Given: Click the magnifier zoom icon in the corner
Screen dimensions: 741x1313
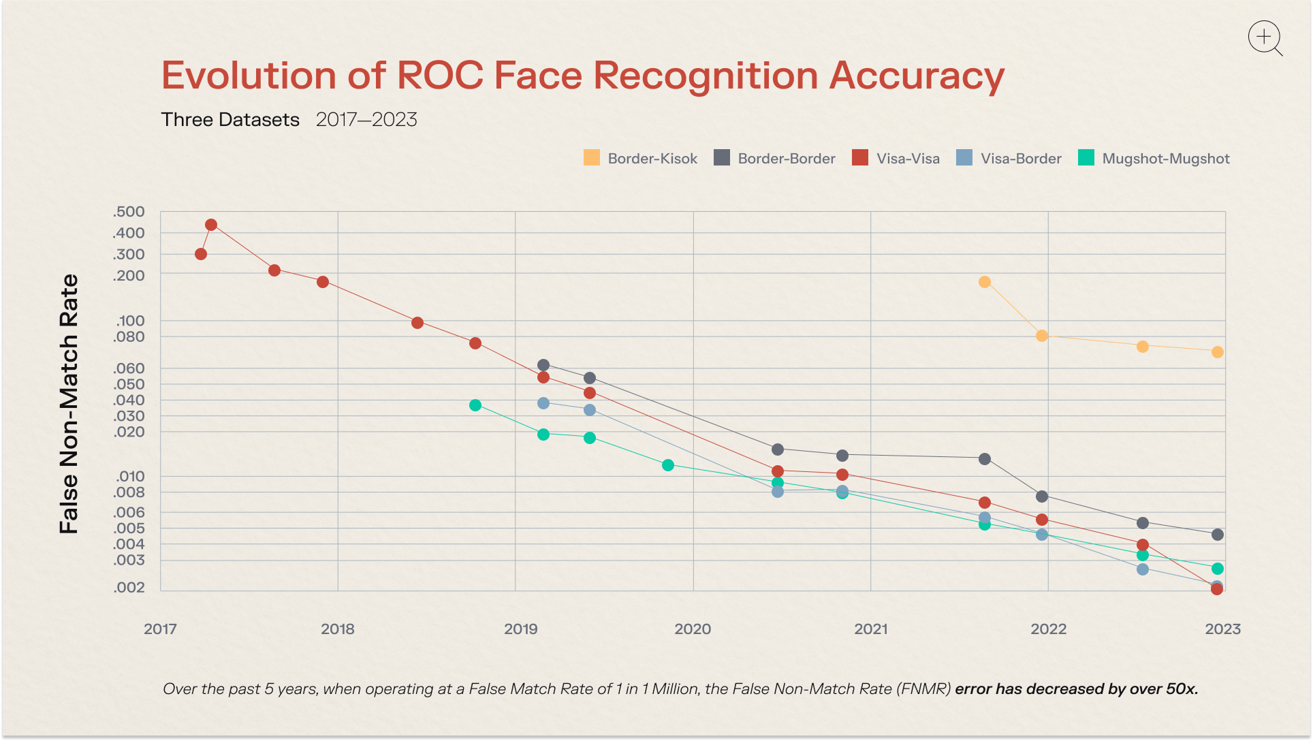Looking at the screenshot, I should tap(1265, 37).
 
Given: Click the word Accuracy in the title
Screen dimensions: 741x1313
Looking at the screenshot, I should tap(917, 76).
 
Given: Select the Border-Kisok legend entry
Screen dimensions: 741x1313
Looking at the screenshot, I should tap(640, 159).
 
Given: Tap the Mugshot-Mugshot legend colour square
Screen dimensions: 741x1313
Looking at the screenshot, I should tap(1086, 158).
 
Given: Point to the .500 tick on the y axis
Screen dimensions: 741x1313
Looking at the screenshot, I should tap(129, 212).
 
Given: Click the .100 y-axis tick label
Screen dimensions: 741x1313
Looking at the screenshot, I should tap(130, 320).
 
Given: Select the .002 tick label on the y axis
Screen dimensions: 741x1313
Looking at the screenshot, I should tap(129, 587).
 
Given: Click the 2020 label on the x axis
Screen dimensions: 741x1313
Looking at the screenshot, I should tap(693, 629).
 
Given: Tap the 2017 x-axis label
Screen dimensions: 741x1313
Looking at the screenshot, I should tap(160, 629).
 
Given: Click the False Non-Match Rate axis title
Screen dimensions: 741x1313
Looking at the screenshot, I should tap(69, 404).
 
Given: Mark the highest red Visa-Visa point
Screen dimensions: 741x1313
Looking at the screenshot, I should tap(211, 225).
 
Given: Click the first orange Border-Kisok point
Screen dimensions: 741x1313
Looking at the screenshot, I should tap(985, 282).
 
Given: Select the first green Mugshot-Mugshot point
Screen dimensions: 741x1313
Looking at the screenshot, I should tap(475, 405).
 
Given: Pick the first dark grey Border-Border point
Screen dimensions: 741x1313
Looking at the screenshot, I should tap(543, 365).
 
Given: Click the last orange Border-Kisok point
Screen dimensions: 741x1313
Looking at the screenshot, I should tap(1218, 352).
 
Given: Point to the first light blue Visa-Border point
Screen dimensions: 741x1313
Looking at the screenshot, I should tap(543, 403).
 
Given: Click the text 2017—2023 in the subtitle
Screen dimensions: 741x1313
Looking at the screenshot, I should tap(366, 120).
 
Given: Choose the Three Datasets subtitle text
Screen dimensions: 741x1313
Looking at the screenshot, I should tap(230, 120).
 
